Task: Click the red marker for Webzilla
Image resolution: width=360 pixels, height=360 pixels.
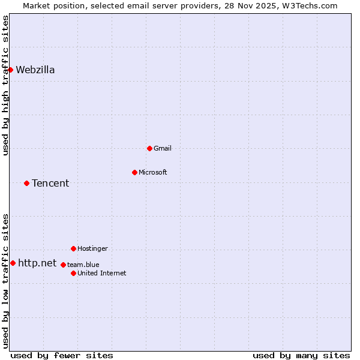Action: (10, 70)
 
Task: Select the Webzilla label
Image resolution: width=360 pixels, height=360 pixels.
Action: (35, 70)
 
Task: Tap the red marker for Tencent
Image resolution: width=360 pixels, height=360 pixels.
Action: (26, 183)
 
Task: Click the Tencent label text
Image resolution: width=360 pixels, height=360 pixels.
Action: (50, 183)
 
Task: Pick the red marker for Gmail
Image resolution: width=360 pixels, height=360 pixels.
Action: (149, 148)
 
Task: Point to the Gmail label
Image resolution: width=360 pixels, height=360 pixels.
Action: (162, 148)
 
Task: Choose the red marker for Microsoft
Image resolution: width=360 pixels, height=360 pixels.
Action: (134, 172)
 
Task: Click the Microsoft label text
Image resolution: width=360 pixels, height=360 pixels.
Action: (152, 172)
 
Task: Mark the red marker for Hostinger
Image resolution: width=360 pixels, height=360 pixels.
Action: (73, 248)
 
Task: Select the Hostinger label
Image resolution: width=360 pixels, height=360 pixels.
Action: (92, 248)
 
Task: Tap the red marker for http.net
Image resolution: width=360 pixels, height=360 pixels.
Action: (13, 263)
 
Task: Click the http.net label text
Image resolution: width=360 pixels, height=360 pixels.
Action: (37, 263)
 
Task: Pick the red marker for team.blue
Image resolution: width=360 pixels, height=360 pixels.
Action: (63, 265)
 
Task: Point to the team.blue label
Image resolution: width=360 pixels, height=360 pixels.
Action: (83, 265)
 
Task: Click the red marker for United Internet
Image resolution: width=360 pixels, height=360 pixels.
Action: (73, 273)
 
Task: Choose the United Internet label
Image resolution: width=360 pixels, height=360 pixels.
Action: (101, 273)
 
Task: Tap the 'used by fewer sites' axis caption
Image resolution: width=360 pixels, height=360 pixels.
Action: (62, 355)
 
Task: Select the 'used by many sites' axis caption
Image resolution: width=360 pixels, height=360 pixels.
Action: (301, 355)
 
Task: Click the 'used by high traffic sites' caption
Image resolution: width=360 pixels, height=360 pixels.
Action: (5, 85)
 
